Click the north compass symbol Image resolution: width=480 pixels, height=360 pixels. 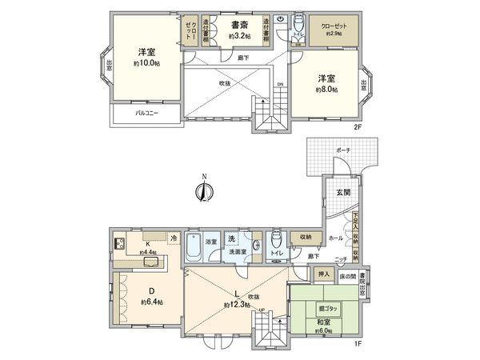tap(206, 190)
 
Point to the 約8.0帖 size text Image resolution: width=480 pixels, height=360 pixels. tap(326, 90)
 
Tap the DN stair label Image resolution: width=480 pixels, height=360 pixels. tap(278, 83)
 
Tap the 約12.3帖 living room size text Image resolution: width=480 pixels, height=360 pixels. tap(234, 305)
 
